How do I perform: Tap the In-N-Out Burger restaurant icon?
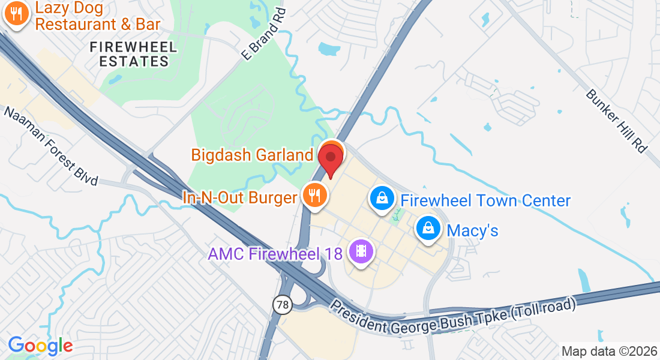click(313, 196)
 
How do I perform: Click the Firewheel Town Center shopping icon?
click(381, 198)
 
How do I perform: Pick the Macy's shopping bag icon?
click(428, 229)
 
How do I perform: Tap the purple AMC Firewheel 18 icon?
click(361, 251)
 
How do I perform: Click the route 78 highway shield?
click(281, 304)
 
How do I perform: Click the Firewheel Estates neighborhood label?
click(133, 54)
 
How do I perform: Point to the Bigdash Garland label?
click(252, 155)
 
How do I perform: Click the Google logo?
click(40, 346)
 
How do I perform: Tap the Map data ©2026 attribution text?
click(610, 351)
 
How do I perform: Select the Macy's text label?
click(473, 230)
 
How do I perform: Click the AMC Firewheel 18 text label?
click(275, 254)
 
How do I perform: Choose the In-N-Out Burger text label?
click(240, 197)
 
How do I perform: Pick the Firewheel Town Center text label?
click(485, 200)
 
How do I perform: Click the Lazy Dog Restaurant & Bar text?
click(98, 16)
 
